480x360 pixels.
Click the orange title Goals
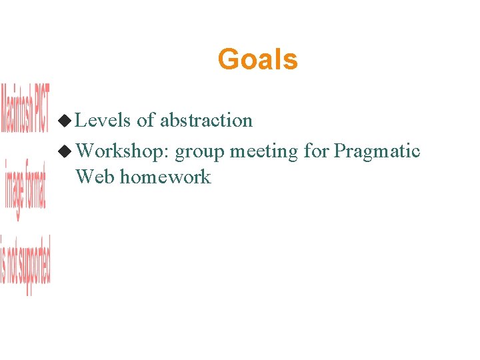(257, 59)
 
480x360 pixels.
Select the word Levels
(103, 120)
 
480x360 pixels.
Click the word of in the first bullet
(146, 120)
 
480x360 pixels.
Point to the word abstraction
(206, 120)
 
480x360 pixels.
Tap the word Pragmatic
(377, 152)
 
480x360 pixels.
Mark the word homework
(165, 177)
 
